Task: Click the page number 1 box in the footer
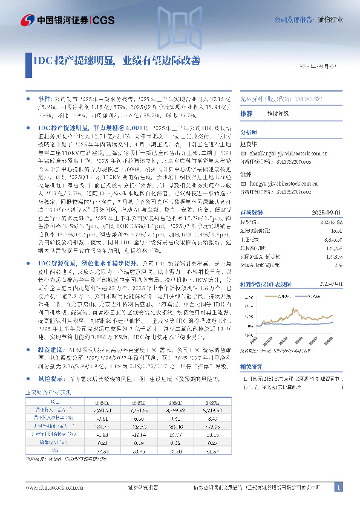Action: (339, 487)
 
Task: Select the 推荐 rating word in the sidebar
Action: (246, 114)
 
